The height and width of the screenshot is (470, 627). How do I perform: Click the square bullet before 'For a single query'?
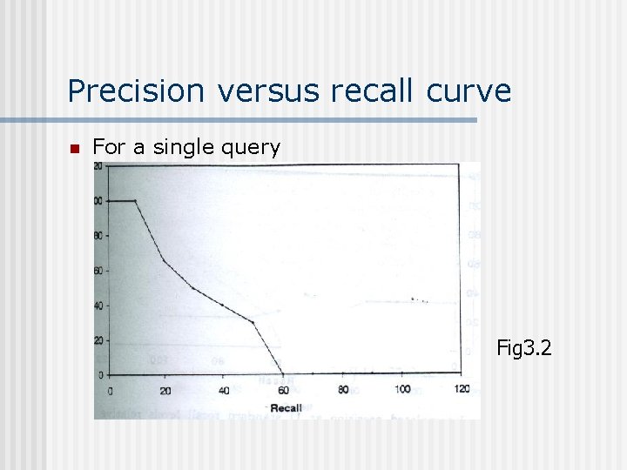point(75,149)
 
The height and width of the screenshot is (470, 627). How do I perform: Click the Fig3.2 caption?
point(523,349)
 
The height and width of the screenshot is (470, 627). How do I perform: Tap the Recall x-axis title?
point(286,406)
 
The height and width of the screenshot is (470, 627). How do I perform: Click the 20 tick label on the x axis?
point(165,390)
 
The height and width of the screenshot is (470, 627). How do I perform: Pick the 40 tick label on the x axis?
point(224,390)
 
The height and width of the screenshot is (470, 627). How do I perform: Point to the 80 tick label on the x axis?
point(344,390)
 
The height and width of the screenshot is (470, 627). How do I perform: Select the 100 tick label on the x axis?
point(402,390)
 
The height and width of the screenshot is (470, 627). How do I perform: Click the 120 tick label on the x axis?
point(462,390)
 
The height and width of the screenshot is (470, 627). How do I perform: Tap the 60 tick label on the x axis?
point(283,390)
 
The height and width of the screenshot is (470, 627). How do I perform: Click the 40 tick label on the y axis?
point(99,305)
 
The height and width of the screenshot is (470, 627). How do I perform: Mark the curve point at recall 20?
point(165,261)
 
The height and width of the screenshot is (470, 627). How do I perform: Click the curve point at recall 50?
point(253,323)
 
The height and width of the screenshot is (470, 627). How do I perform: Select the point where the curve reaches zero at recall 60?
point(282,373)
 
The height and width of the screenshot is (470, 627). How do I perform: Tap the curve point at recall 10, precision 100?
point(135,201)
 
